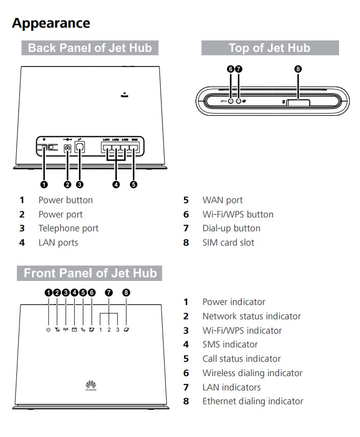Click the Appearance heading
[51, 23]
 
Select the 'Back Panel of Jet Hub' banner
[90, 48]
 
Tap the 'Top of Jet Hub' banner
[269, 48]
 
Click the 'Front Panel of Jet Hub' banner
[89, 273]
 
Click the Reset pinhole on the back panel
[124, 93]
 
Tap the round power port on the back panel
[67, 149]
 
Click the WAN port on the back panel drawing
[134, 149]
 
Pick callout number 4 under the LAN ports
[116, 185]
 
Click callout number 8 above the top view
[299, 69]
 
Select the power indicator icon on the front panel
[48, 330]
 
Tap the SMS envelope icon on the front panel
[74, 330]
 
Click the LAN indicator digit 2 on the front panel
[109, 330]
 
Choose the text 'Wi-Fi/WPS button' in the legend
[238, 214]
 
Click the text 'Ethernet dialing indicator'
[253, 401]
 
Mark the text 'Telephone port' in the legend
[69, 228]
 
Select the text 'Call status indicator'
[241, 359]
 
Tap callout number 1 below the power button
[44, 185]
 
